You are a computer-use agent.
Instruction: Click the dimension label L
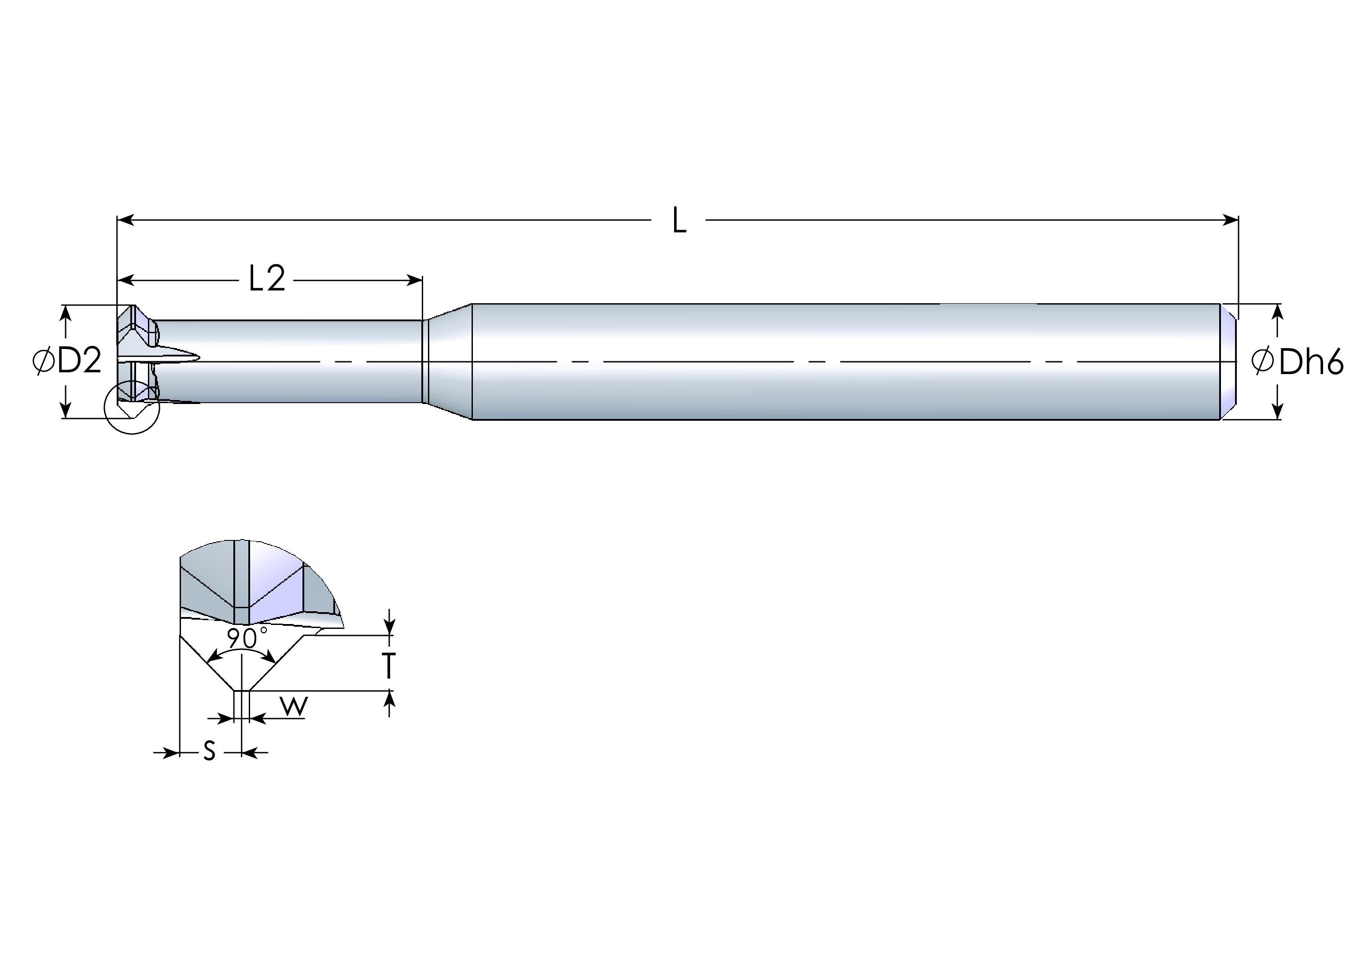679,221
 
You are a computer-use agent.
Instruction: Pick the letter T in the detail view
389,666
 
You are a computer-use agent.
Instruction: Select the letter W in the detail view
294,707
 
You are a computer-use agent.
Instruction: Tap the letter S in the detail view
209,751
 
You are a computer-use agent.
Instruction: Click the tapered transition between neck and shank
448,361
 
